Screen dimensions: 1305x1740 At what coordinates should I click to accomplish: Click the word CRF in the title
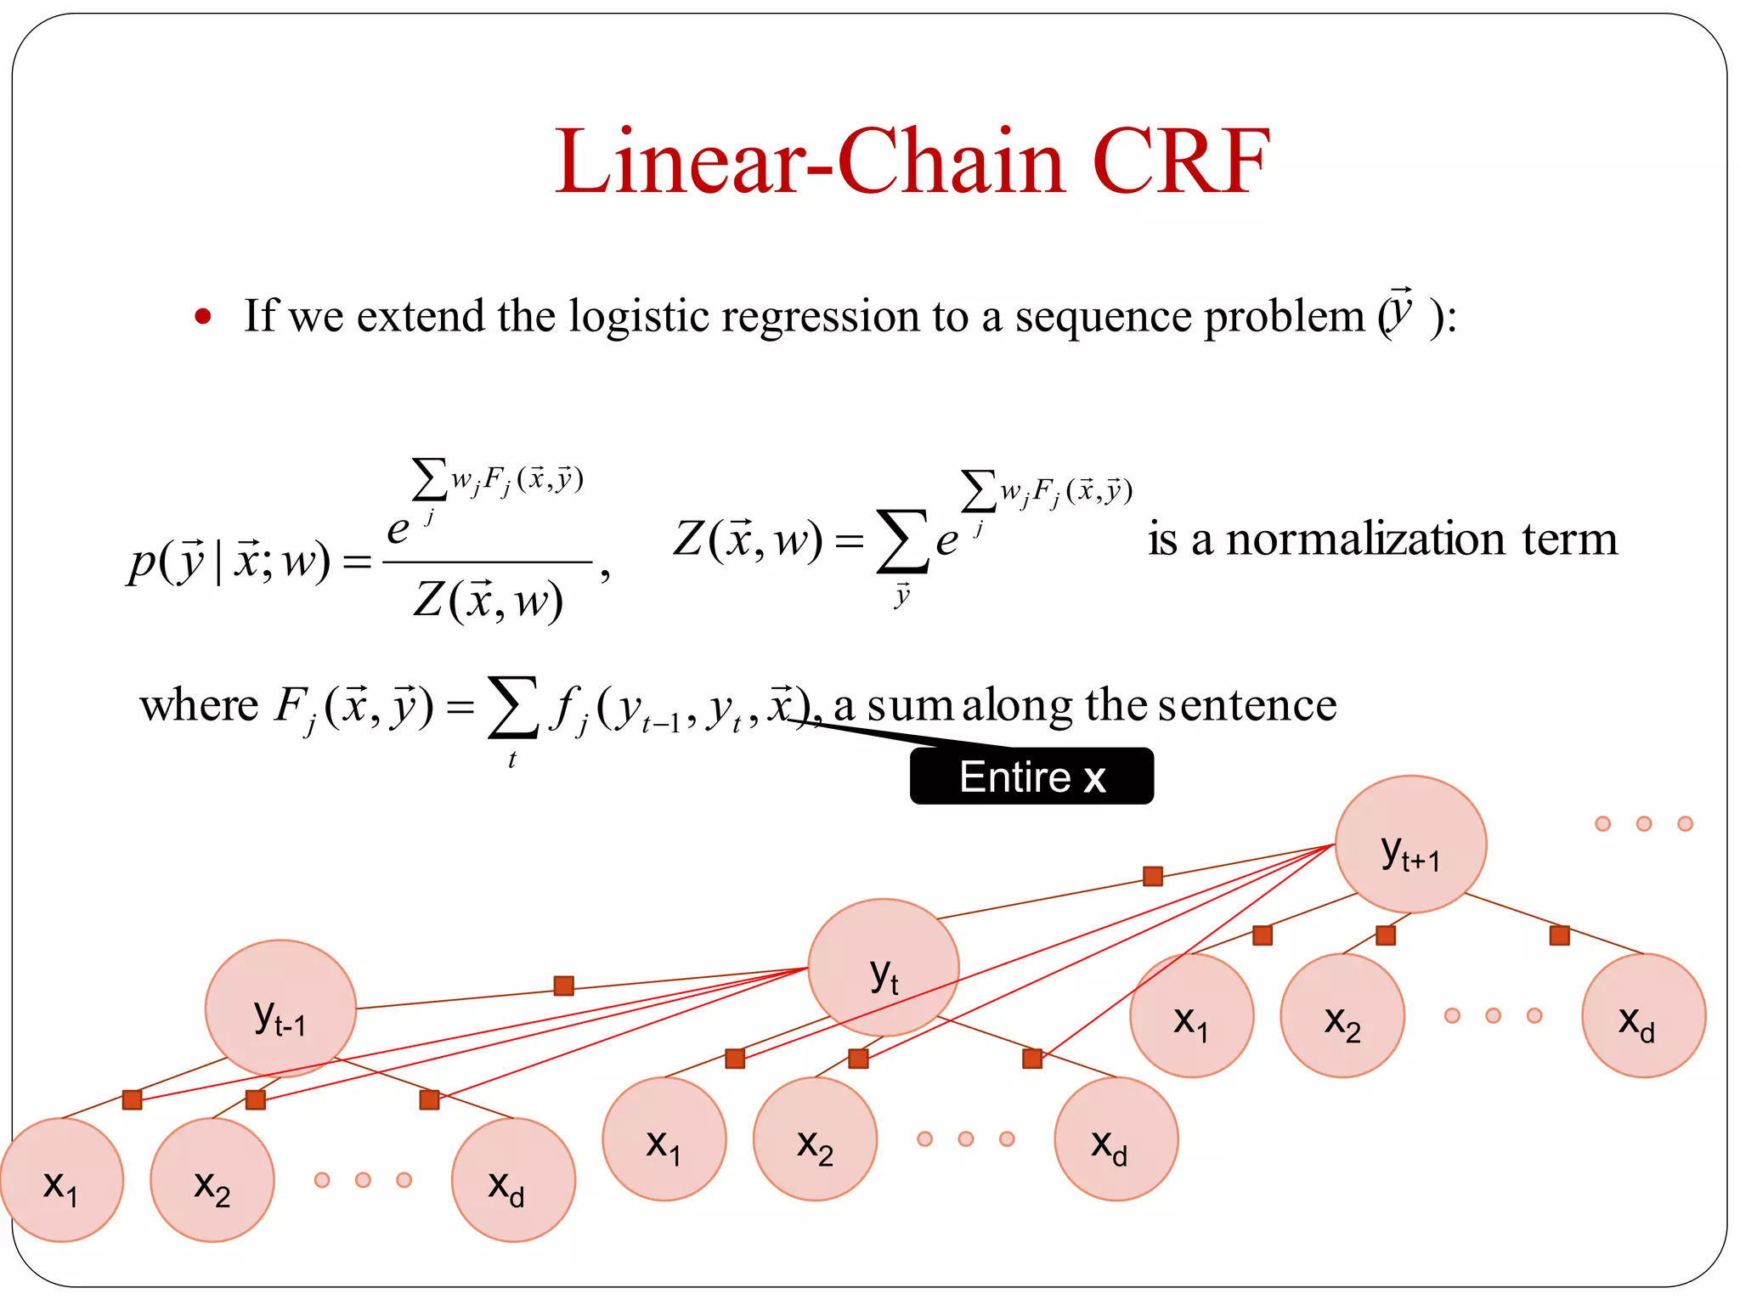(x=1180, y=161)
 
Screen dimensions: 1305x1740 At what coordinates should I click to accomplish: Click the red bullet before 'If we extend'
(x=202, y=317)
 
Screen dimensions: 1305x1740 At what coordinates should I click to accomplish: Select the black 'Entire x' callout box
(x=1031, y=777)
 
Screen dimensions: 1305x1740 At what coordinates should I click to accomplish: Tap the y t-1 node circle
(x=280, y=1008)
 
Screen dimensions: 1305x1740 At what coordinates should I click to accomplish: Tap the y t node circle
(x=884, y=968)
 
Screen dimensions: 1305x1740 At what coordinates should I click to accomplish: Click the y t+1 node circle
(x=1410, y=845)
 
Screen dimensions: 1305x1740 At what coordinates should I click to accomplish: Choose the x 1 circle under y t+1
(x=1191, y=1016)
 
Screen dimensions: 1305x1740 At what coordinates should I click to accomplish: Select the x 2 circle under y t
(x=815, y=1138)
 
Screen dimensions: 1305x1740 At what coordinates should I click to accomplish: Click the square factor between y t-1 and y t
(x=563, y=986)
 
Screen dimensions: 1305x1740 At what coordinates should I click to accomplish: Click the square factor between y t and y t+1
(x=1153, y=876)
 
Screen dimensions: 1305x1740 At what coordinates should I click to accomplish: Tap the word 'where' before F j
(x=199, y=705)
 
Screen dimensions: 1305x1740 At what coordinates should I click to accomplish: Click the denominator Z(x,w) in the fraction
(x=488, y=602)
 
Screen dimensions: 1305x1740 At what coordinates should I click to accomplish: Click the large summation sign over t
(x=512, y=707)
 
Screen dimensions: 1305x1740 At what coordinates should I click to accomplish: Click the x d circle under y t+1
(x=1643, y=1016)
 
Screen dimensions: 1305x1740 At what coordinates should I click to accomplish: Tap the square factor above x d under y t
(x=1032, y=1059)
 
